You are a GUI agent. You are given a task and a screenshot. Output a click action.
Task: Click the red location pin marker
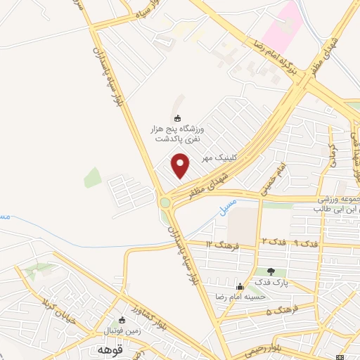(x=181, y=165)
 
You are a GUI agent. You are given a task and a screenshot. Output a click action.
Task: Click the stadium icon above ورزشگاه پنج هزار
(x=176, y=119)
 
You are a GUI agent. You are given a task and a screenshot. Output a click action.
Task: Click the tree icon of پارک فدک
(x=271, y=271)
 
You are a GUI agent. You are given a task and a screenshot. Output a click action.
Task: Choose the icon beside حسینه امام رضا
(x=240, y=286)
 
